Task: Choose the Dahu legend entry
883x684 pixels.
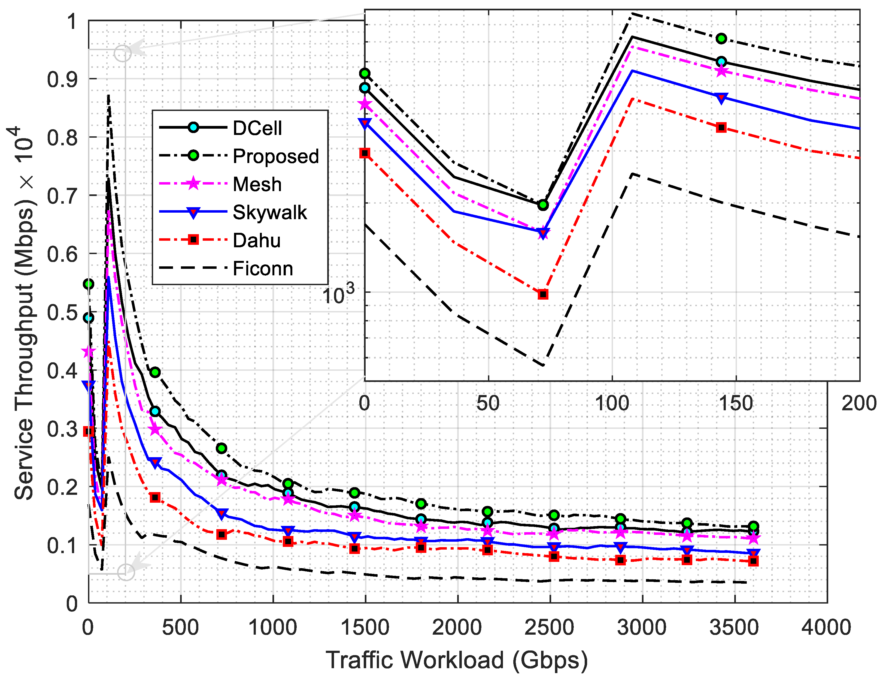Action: (257, 240)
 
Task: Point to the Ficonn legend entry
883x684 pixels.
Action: (263, 269)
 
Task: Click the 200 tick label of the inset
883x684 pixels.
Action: (858, 403)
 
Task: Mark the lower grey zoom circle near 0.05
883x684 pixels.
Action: (126, 572)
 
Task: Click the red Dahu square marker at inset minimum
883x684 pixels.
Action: (543, 294)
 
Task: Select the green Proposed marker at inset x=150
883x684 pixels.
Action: (721, 39)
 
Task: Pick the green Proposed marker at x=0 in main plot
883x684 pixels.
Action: (89, 284)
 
